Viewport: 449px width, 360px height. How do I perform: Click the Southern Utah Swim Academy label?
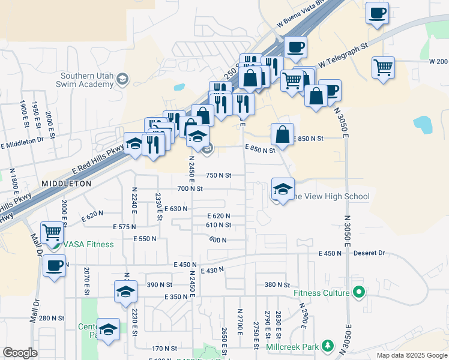point(87,80)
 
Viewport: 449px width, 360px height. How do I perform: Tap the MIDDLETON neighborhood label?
point(67,183)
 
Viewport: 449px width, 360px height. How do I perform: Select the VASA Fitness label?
point(89,244)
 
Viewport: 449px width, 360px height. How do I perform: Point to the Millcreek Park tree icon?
point(327,346)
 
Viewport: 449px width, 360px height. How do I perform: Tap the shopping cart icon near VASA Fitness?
point(52,232)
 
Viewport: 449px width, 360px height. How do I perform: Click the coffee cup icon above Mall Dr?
point(55,265)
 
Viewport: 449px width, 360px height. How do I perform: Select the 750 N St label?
point(218,175)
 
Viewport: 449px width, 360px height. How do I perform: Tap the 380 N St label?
point(277,284)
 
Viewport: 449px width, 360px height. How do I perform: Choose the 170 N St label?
point(164,348)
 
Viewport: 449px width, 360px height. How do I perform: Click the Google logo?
point(20,353)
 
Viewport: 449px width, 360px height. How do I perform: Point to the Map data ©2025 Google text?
point(411,355)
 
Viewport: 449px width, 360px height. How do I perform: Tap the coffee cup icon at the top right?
point(377,13)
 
